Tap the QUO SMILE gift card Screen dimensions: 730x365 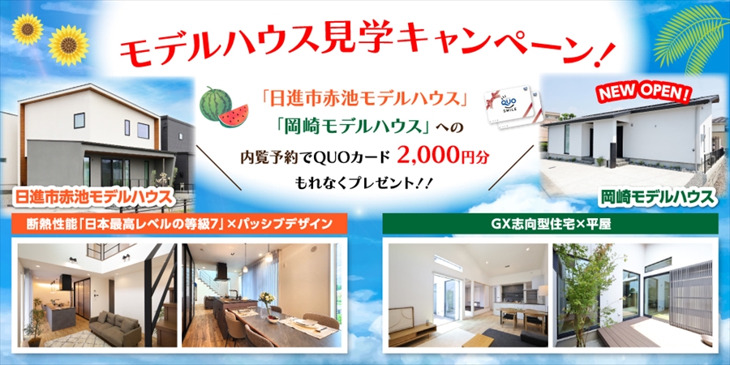tap(513, 106)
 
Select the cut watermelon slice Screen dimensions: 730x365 tap(234, 116)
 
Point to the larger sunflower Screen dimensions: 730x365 tap(68, 45)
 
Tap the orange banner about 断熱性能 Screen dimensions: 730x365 tap(179, 224)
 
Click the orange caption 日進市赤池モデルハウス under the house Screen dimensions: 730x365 tap(92, 197)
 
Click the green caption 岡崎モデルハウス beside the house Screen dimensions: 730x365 tap(658, 197)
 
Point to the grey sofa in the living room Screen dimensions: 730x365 tap(115, 326)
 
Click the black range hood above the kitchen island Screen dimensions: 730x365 tap(221, 272)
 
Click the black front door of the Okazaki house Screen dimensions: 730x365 tap(619, 141)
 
